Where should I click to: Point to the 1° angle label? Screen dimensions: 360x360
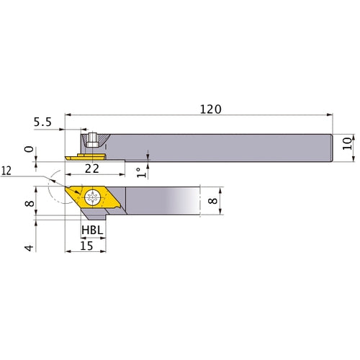tap(139, 172)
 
